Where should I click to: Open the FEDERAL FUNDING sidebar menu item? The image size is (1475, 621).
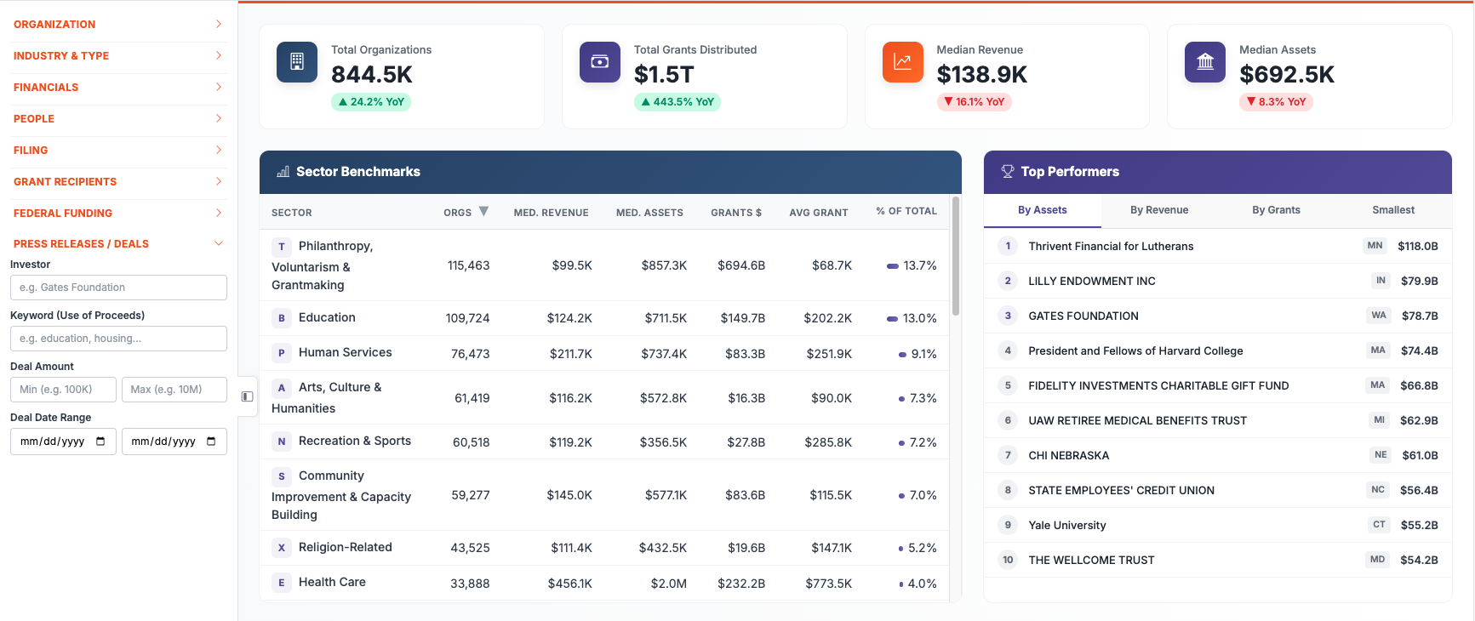[63, 214]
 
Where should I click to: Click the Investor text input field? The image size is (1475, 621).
[118, 288]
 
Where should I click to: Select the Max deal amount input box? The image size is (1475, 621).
[174, 390]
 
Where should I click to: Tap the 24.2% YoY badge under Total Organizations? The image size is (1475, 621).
[371, 102]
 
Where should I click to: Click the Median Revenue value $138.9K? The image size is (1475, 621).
[981, 75]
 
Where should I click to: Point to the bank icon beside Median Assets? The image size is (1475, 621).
[1204, 62]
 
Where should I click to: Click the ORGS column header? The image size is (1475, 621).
[458, 213]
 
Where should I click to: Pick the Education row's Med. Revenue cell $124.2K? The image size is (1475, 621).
[569, 318]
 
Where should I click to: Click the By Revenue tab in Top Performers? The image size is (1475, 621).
[1158, 210]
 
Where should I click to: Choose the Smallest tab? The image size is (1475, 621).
[1392, 210]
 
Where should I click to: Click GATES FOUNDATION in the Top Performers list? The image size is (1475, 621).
[1083, 316]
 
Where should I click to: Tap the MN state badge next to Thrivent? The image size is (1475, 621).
[1375, 246]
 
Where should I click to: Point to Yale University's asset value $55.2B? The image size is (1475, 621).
[1419, 526]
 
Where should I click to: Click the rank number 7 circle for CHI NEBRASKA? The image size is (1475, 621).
[1008, 455]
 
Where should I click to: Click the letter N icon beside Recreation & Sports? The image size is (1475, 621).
[281, 442]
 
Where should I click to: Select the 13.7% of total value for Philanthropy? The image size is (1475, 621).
[919, 266]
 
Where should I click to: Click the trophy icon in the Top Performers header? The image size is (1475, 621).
[1008, 172]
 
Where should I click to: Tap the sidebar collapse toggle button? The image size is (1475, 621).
[247, 396]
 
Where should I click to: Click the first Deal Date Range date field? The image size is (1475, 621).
[63, 442]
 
